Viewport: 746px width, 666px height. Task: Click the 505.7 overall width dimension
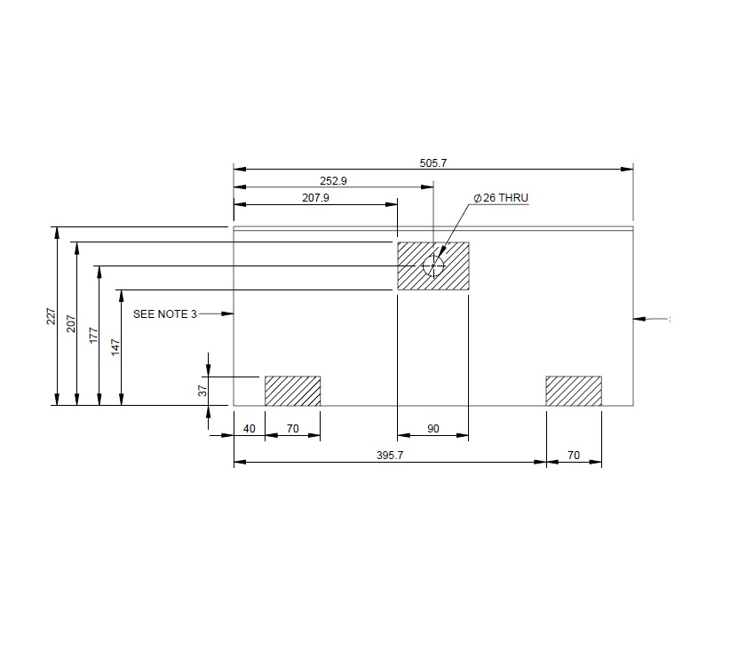433,163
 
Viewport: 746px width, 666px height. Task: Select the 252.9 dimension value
333,180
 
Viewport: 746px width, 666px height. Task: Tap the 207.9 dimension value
315,198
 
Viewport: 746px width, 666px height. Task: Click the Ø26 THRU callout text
502,198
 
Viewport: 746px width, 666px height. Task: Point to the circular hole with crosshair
433,266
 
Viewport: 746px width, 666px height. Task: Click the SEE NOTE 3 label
165,313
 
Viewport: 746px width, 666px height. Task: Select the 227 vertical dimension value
51,317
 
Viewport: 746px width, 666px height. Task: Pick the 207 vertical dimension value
70,323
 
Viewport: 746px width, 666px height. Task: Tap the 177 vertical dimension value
91,335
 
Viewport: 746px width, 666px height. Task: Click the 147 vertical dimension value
114,347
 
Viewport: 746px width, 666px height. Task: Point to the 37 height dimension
202,390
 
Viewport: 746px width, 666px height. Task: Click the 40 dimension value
249,429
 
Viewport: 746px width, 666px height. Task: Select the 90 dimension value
433,429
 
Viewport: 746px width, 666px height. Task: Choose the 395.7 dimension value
390,455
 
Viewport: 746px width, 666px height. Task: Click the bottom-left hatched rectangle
292,391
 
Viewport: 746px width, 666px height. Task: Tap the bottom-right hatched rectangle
573,391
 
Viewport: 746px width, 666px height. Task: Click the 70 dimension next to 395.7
573,455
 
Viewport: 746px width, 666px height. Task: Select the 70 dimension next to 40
292,429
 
